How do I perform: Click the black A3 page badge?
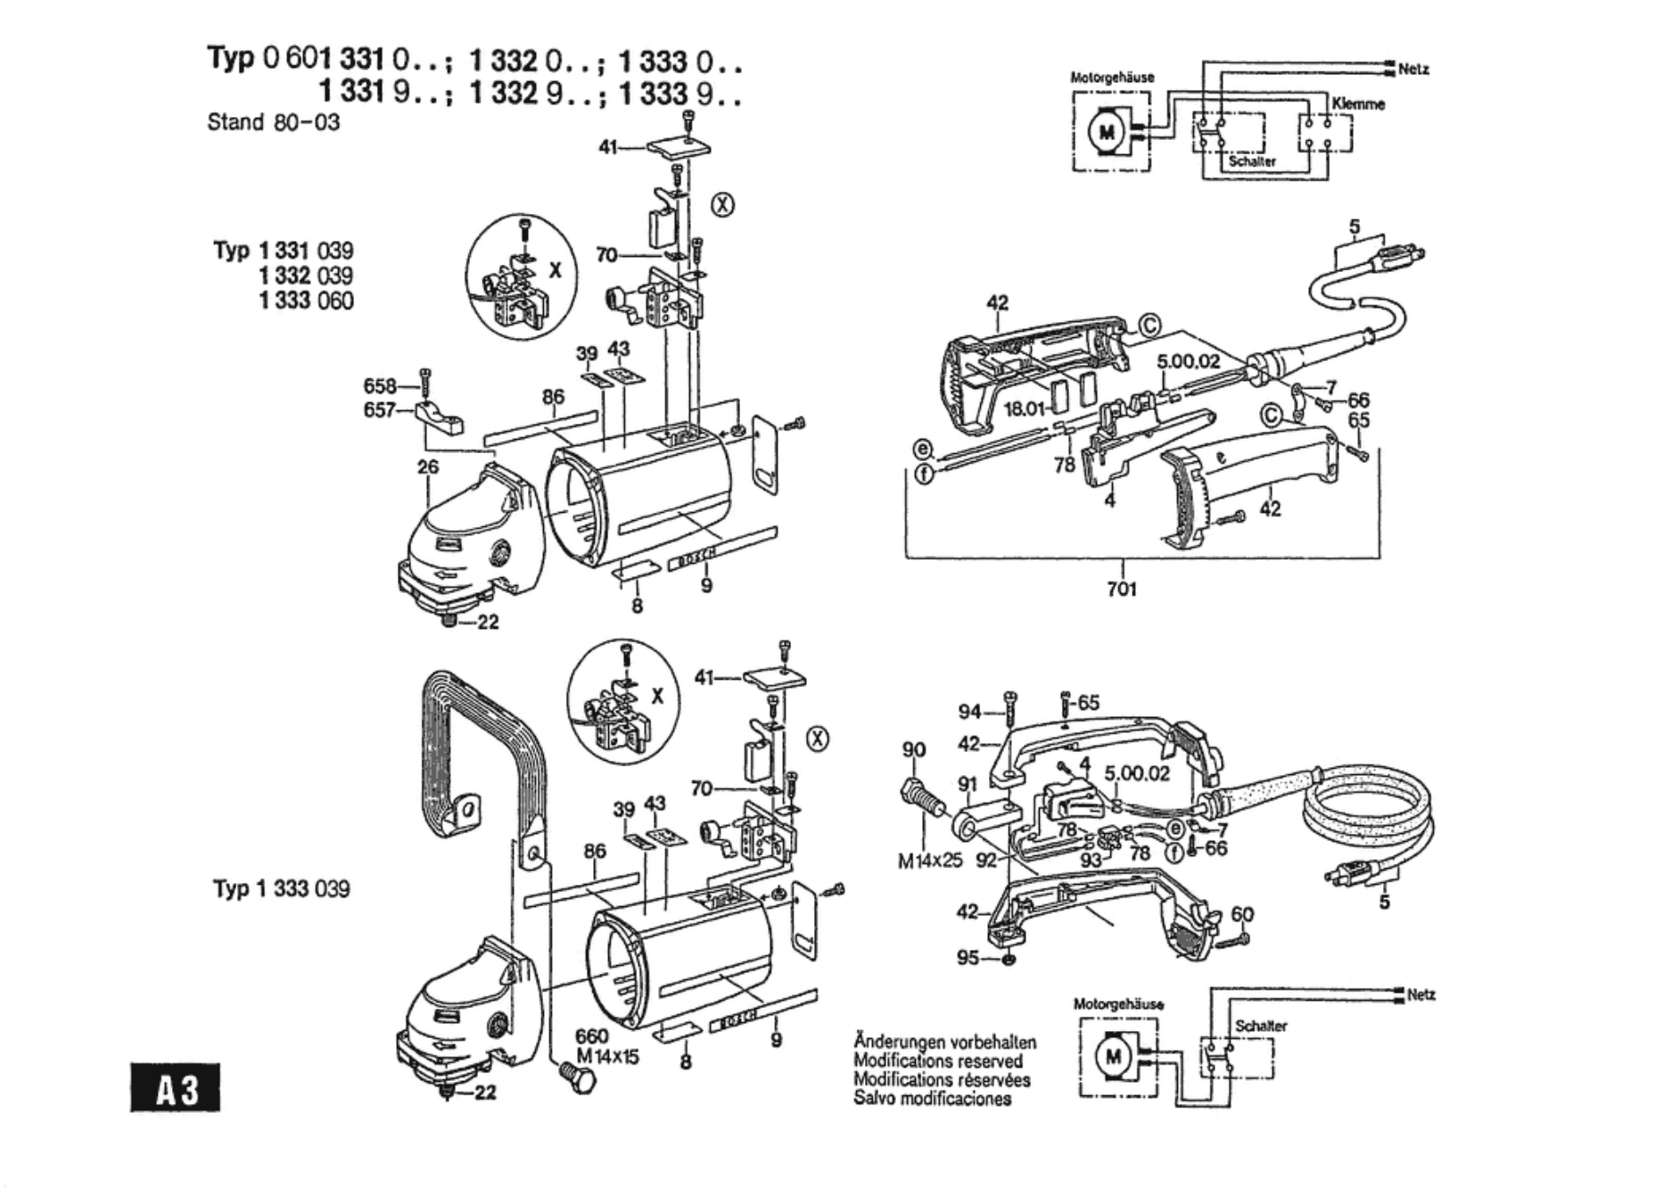[x=175, y=1087]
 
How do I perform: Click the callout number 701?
[x=1122, y=589]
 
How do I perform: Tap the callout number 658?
[x=379, y=386]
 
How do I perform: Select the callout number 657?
[x=379, y=410]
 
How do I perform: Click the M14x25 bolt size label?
[x=930, y=862]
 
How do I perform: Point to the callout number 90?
[x=914, y=750]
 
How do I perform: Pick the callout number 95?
[x=968, y=957]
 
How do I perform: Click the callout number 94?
[x=969, y=711]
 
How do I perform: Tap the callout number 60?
[x=1242, y=914]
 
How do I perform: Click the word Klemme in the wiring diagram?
[x=1358, y=104]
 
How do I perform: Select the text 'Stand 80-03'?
[x=273, y=122]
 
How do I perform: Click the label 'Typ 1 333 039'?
[x=281, y=888]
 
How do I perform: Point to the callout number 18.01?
[x=1024, y=408]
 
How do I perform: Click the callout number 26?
[x=428, y=466]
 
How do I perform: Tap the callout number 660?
[x=591, y=1035]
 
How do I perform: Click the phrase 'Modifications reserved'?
[x=938, y=1060]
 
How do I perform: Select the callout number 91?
[x=968, y=784]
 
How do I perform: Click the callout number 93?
[x=1091, y=861]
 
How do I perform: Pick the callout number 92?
[x=986, y=861]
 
